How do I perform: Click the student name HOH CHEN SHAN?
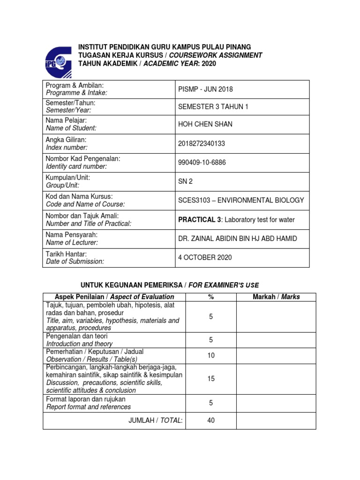(x=205, y=124)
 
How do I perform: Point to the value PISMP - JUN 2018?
(x=205, y=89)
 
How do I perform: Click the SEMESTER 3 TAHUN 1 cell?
(x=213, y=106)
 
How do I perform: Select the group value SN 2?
(x=185, y=181)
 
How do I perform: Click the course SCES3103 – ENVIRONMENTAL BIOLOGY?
(x=241, y=200)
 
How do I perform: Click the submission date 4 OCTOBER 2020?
(x=205, y=257)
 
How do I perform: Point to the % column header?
(x=210, y=297)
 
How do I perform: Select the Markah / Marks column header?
(x=276, y=297)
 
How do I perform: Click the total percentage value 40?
(x=210, y=420)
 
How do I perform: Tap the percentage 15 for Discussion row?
(x=210, y=379)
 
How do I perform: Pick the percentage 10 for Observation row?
(x=210, y=355)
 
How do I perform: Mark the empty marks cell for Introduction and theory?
(x=276, y=340)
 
